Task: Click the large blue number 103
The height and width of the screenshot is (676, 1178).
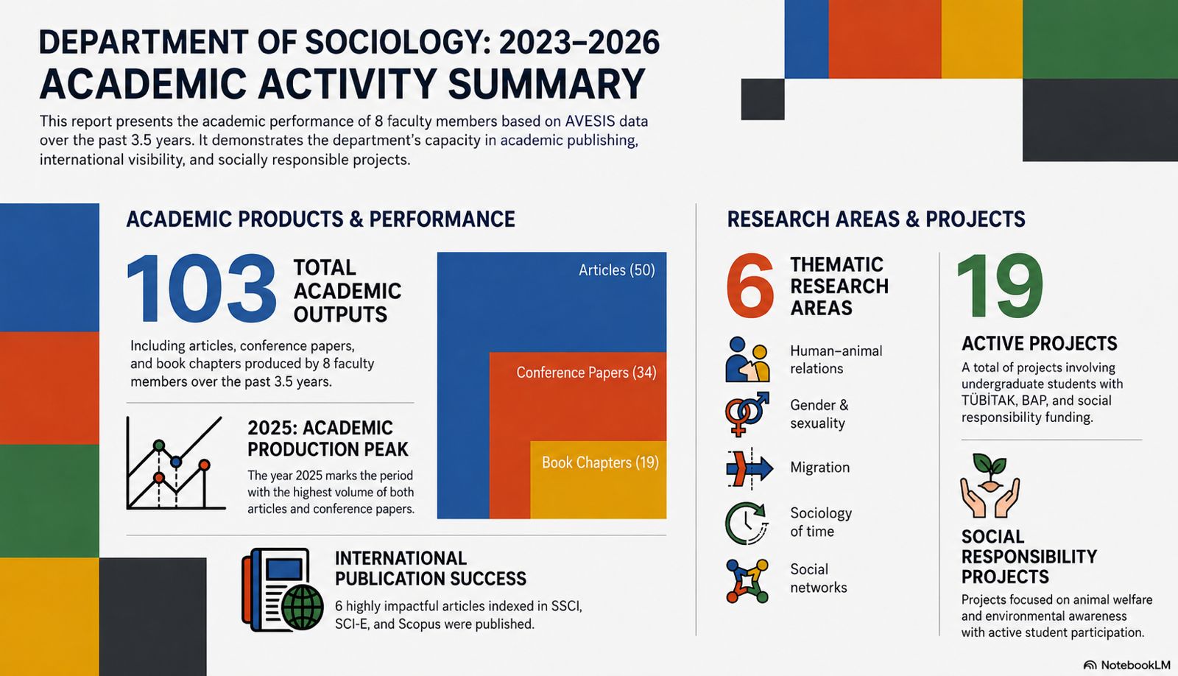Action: pyautogui.click(x=202, y=289)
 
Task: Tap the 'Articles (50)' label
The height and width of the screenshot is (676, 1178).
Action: pyautogui.click(x=617, y=270)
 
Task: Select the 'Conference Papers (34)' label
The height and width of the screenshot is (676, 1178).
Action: pyautogui.click(x=586, y=373)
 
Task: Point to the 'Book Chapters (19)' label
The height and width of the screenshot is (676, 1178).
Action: pyautogui.click(x=600, y=462)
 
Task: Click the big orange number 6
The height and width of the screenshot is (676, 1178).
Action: pyautogui.click(x=750, y=286)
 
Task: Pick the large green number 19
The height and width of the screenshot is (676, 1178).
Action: pyautogui.click(x=1000, y=286)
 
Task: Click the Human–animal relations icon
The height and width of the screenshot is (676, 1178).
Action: pyautogui.click(x=747, y=359)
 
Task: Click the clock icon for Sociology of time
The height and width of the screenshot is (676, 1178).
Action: pyautogui.click(x=747, y=523)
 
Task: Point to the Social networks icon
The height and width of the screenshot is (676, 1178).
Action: pyautogui.click(x=747, y=580)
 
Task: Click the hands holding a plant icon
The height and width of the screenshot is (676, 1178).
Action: pyautogui.click(x=990, y=485)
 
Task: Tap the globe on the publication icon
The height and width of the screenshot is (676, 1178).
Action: pyautogui.click(x=303, y=607)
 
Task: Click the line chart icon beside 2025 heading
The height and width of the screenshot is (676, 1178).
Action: pyautogui.click(x=176, y=463)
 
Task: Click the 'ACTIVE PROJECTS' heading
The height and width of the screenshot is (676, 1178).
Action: pyautogui.click(x=1039, y=344)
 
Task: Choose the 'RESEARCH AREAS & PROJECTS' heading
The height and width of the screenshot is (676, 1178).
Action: pyautogui.click(x=876, y=219)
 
